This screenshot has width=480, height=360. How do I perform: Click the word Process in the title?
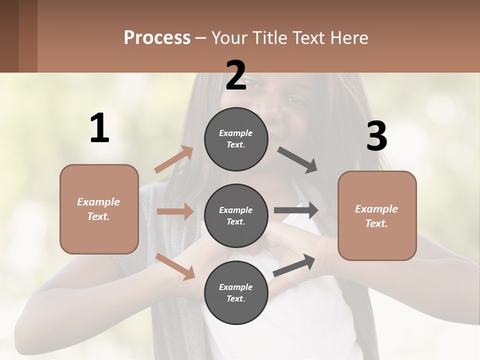pyautogui.click(x=157, y=37)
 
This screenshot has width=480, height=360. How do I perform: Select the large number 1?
pyautogui.click(x=99, y=128)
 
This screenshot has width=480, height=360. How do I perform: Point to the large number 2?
pyautogui.click(x=236, y=75)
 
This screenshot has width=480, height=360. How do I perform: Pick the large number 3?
pyautogui.click(x=376, y=136)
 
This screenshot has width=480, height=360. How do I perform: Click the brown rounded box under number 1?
pyautogui.click(x=99, y=209)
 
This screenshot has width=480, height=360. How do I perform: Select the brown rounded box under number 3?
pyautogui.click(x=377, y=216)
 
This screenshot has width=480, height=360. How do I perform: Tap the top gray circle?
pyautogui.click(x=236, y=139)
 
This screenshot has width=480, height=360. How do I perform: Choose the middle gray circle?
pyautogui.click(x=236, y=216)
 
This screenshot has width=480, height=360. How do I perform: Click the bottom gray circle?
pyautogui.click(x=236, y=292)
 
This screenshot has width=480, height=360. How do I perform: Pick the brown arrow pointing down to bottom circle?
pyautogui.click(x=175, y=266)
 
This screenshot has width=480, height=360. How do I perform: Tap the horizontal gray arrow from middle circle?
pyautogui.click(x=295, y=210)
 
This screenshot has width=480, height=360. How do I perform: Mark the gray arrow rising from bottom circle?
pyautogui.click(x=294, y=265)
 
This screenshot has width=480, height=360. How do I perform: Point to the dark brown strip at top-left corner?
pyautogui.click(x=18, y=36)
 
